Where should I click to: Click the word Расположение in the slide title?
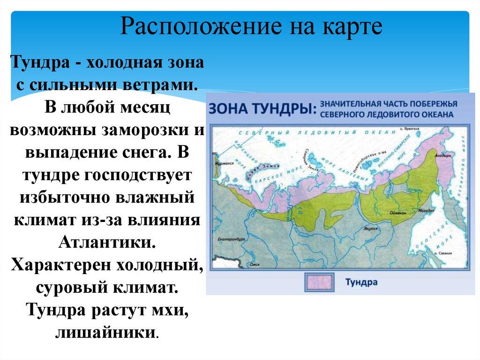coord(181,28)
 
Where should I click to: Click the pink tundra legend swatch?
coord(319,283)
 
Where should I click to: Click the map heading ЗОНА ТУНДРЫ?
coord(262,108)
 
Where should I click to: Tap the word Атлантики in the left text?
coord(106,243)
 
